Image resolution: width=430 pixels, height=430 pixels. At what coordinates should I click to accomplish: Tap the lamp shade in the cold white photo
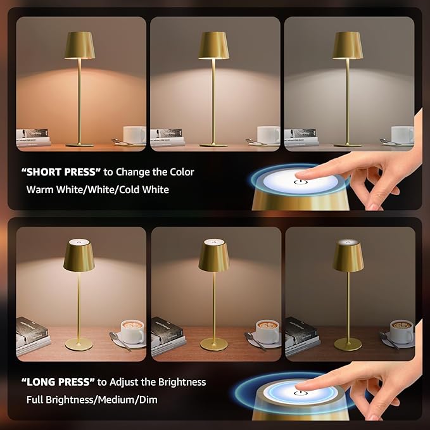(x=348, y=45)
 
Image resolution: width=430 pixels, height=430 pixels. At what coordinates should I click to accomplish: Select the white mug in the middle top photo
(x=269, y=134)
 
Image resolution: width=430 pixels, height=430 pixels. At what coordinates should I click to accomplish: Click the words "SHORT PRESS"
(x=57, y=172)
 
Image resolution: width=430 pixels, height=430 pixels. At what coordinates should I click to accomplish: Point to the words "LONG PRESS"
(x=56, y=382)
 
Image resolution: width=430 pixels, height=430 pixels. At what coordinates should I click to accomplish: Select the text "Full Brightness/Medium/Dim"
(x=92, y=400)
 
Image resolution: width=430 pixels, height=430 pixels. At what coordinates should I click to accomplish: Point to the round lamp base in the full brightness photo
(x=79, y=344)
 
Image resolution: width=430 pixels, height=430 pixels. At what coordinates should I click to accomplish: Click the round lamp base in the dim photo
(x=348, y=344)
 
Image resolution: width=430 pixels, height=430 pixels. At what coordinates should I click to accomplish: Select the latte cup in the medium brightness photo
(x=267, y=332)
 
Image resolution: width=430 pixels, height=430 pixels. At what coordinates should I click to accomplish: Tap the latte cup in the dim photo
(x=402, y=331)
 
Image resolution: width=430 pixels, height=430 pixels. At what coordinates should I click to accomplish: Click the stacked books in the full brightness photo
(x=33, y=336)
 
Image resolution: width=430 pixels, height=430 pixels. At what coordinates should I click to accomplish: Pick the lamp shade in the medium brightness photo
(x=214, y=256)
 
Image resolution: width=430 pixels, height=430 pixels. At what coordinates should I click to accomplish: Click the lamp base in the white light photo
(x=214, y=145)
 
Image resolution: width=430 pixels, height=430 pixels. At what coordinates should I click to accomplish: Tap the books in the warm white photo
(x=33, y=137)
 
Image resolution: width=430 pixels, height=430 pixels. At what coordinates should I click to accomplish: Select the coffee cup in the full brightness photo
(x=132, y=332)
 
